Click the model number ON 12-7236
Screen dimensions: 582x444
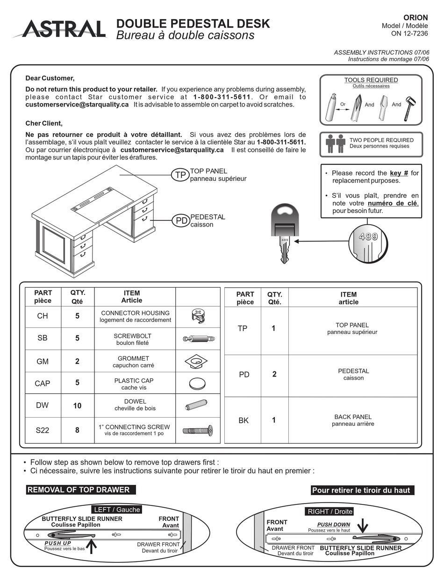pos(409,33)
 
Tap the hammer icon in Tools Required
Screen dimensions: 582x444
pos(410,108)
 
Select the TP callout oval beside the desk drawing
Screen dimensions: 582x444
pos(180,175)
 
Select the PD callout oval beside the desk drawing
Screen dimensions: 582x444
pos(181,221)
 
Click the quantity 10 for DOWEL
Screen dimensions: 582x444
pos(77,406)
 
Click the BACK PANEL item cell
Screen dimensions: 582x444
pos(353,420)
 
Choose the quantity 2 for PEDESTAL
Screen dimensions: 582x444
pos(274,374)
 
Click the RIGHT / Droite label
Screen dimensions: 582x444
pos(329,511)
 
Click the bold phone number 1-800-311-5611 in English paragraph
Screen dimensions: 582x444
pos(222,97)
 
